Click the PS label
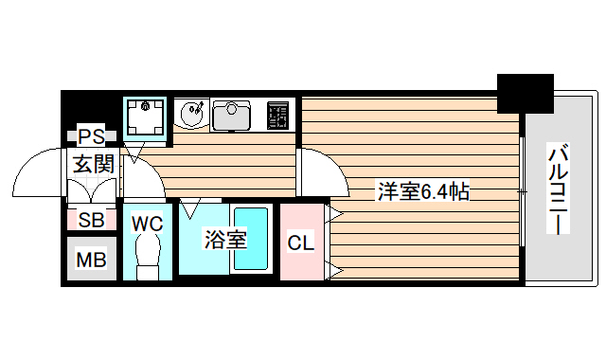click(92, 135)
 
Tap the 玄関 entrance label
click(94, 163)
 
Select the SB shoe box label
click(92, 222)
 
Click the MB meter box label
click(92, 259)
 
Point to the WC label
click(147, 224)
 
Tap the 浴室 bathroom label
click(226, 240)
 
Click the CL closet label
click(300, 243)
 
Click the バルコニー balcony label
click(560, 190)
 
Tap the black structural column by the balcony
click(526, 92)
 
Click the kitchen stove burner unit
click(279, 115)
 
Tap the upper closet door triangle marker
click(334, 215)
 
